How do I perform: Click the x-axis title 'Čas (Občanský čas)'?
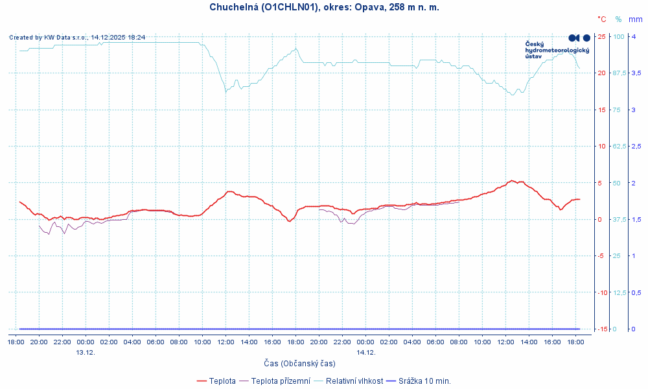[x=299, y=364]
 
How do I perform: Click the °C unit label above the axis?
[x=602, y=19]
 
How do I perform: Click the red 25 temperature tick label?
[x=601, y=36]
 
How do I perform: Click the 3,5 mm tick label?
[x=636, y=73]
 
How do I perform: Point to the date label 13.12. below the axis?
[x=86, y=352]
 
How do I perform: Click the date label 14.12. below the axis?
[x=365, y=352]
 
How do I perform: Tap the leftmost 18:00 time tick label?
[x=16, y=342]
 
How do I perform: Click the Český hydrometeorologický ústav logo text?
[x=557, y=50]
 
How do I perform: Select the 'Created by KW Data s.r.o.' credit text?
[x=77, y=38]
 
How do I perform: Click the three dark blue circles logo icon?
[x=579, y=38]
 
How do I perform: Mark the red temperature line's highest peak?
[x=512, y=181]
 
